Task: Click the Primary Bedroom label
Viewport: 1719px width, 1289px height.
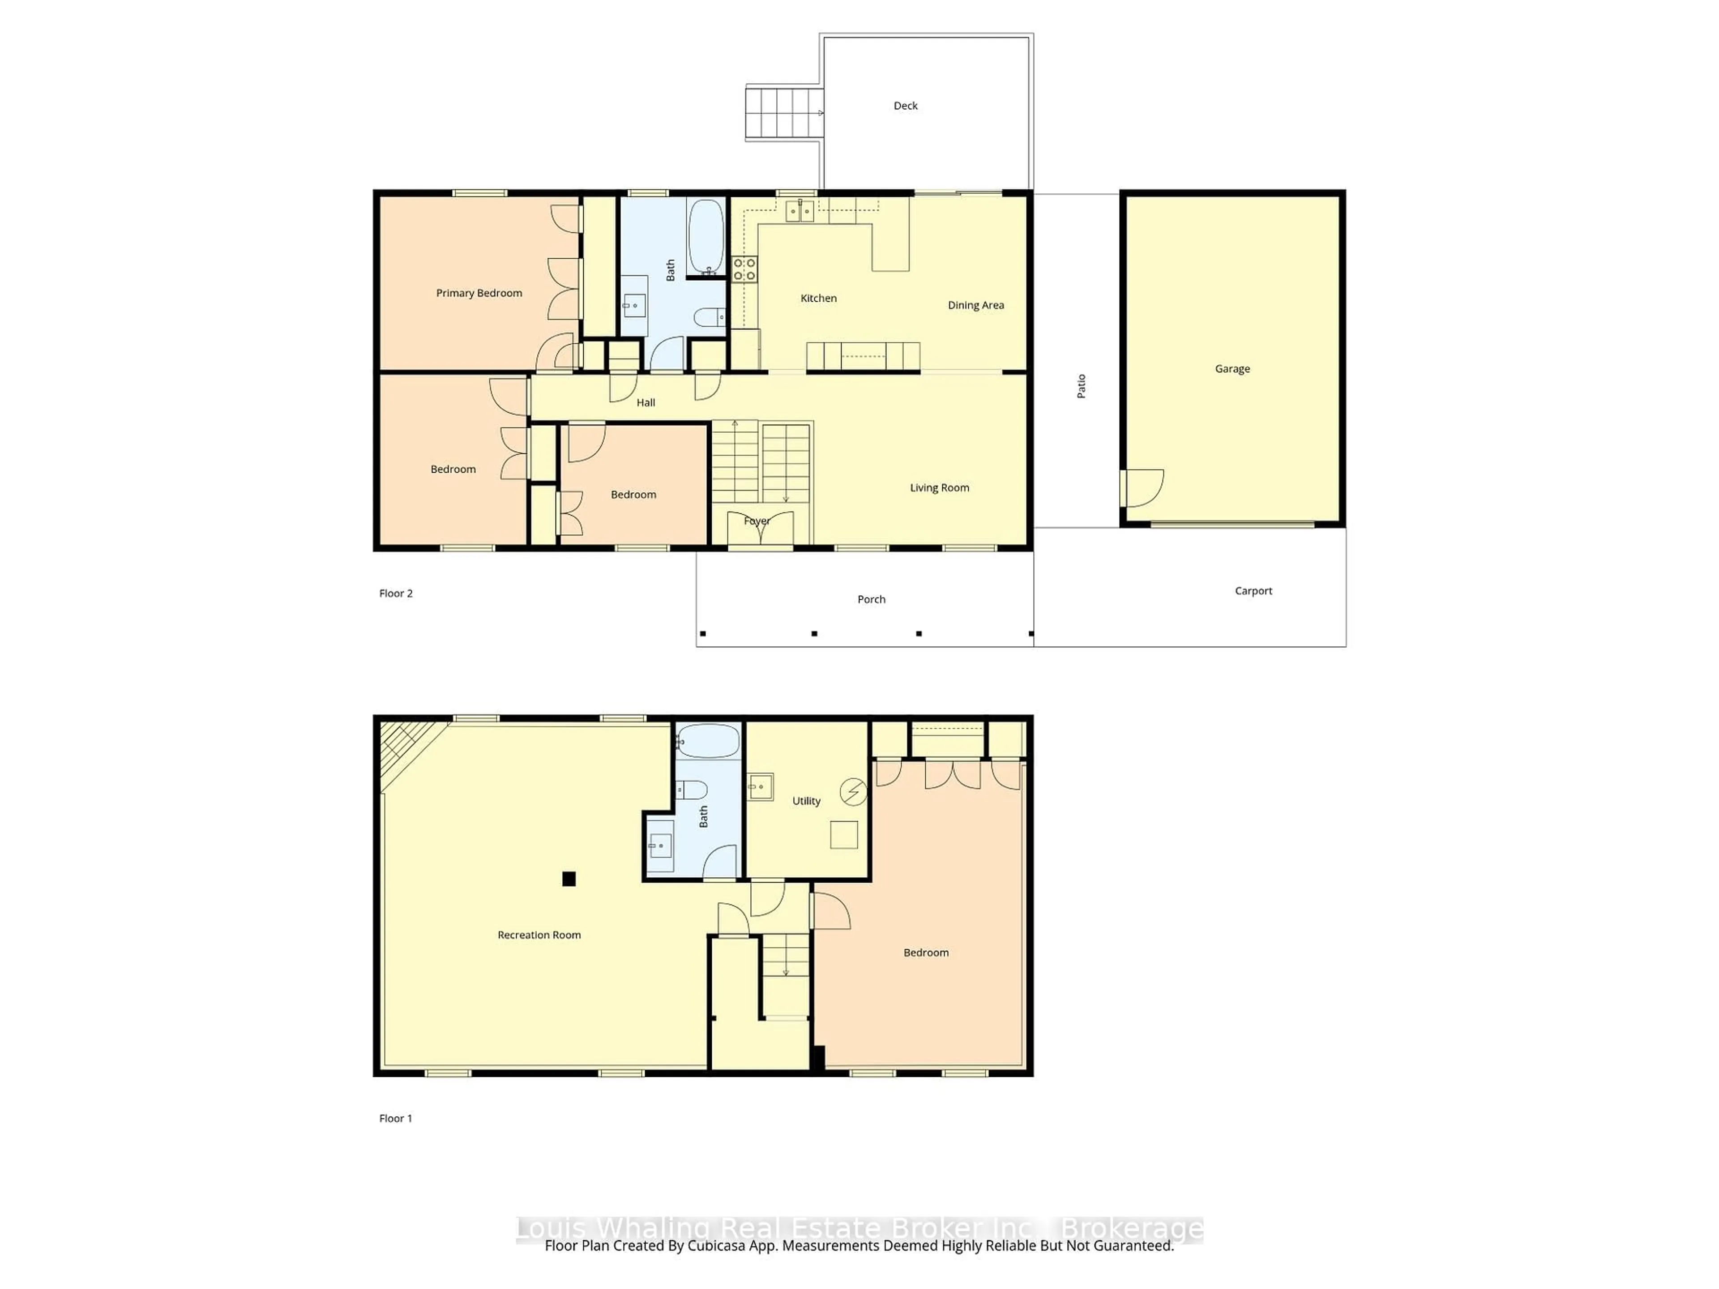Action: click(x=479, y=293)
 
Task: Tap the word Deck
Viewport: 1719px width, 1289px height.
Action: click(x=905, y=106)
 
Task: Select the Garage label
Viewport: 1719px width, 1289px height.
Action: click(x=1232, y=369)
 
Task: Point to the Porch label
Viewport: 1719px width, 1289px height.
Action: click(x=871, y=599)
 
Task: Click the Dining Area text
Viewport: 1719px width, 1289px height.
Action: click(x=975, y=305)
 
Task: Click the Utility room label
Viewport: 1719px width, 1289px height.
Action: click(x=806, y=801)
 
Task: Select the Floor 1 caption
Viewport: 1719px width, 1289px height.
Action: click(x=396, y=1118)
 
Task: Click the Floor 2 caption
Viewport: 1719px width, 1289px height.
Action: click(x=396, y=593)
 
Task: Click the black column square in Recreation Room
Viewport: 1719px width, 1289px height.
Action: click(x=569, y=879)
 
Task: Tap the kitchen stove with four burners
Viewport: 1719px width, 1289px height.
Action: click(x=744, y=269)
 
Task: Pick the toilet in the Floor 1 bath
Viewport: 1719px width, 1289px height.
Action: click(x=692, y=790)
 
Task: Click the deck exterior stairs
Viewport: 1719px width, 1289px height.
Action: click(x=783, y=113)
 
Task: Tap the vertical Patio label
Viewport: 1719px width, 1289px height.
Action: click(x=1081, y=386)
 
